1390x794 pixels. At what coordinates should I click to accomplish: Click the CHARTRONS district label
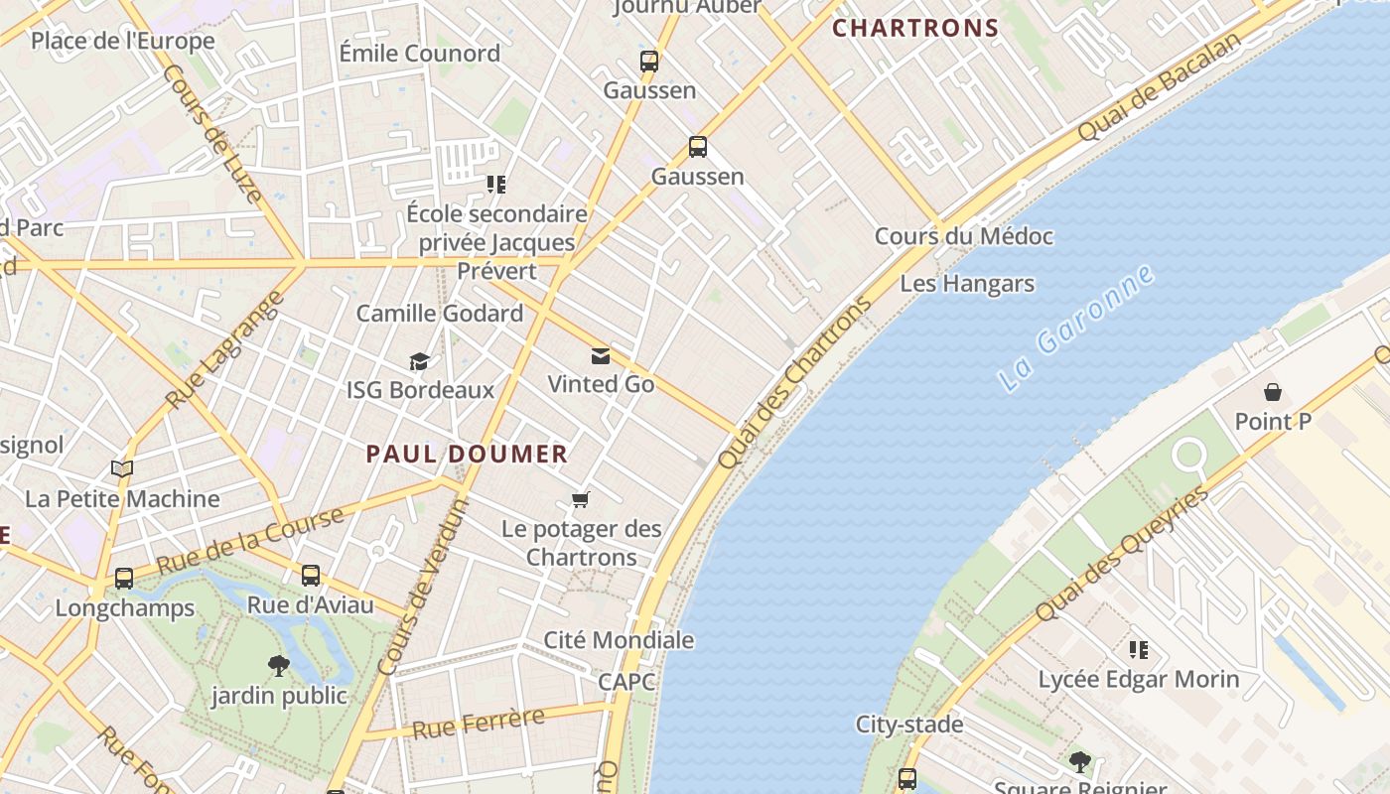click(914, 28)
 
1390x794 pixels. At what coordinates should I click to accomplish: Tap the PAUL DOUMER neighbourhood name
click(467, 455)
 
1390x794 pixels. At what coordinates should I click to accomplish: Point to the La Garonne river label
click(1077, 328)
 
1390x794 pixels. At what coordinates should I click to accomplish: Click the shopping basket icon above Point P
click(1272, 392)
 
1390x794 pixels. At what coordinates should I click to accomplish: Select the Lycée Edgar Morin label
click(1138, 680)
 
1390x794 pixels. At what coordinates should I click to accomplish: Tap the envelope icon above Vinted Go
click(601, 356)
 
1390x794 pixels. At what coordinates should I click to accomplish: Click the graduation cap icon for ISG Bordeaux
click(420, 361)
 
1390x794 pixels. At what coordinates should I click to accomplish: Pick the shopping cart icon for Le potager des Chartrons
click(581, 499)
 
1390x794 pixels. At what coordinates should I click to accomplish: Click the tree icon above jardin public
click(279, 666)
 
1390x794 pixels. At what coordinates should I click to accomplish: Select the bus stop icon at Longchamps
click(124, 578)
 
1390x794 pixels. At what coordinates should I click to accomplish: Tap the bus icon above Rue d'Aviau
click(311, 575)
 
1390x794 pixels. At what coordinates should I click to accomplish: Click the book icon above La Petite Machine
click(122, 468)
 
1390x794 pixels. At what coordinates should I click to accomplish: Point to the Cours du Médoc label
click(963, 236)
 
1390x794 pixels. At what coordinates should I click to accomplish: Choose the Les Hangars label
click(967, 284)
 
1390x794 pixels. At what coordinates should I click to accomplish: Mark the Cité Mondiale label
click(619, 640)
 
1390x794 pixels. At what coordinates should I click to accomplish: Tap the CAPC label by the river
click(626, 682)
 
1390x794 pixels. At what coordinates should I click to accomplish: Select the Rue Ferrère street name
click(479, 724)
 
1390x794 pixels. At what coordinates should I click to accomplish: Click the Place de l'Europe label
click(123, 41)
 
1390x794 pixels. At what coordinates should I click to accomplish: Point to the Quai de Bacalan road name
click(1159, 86)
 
